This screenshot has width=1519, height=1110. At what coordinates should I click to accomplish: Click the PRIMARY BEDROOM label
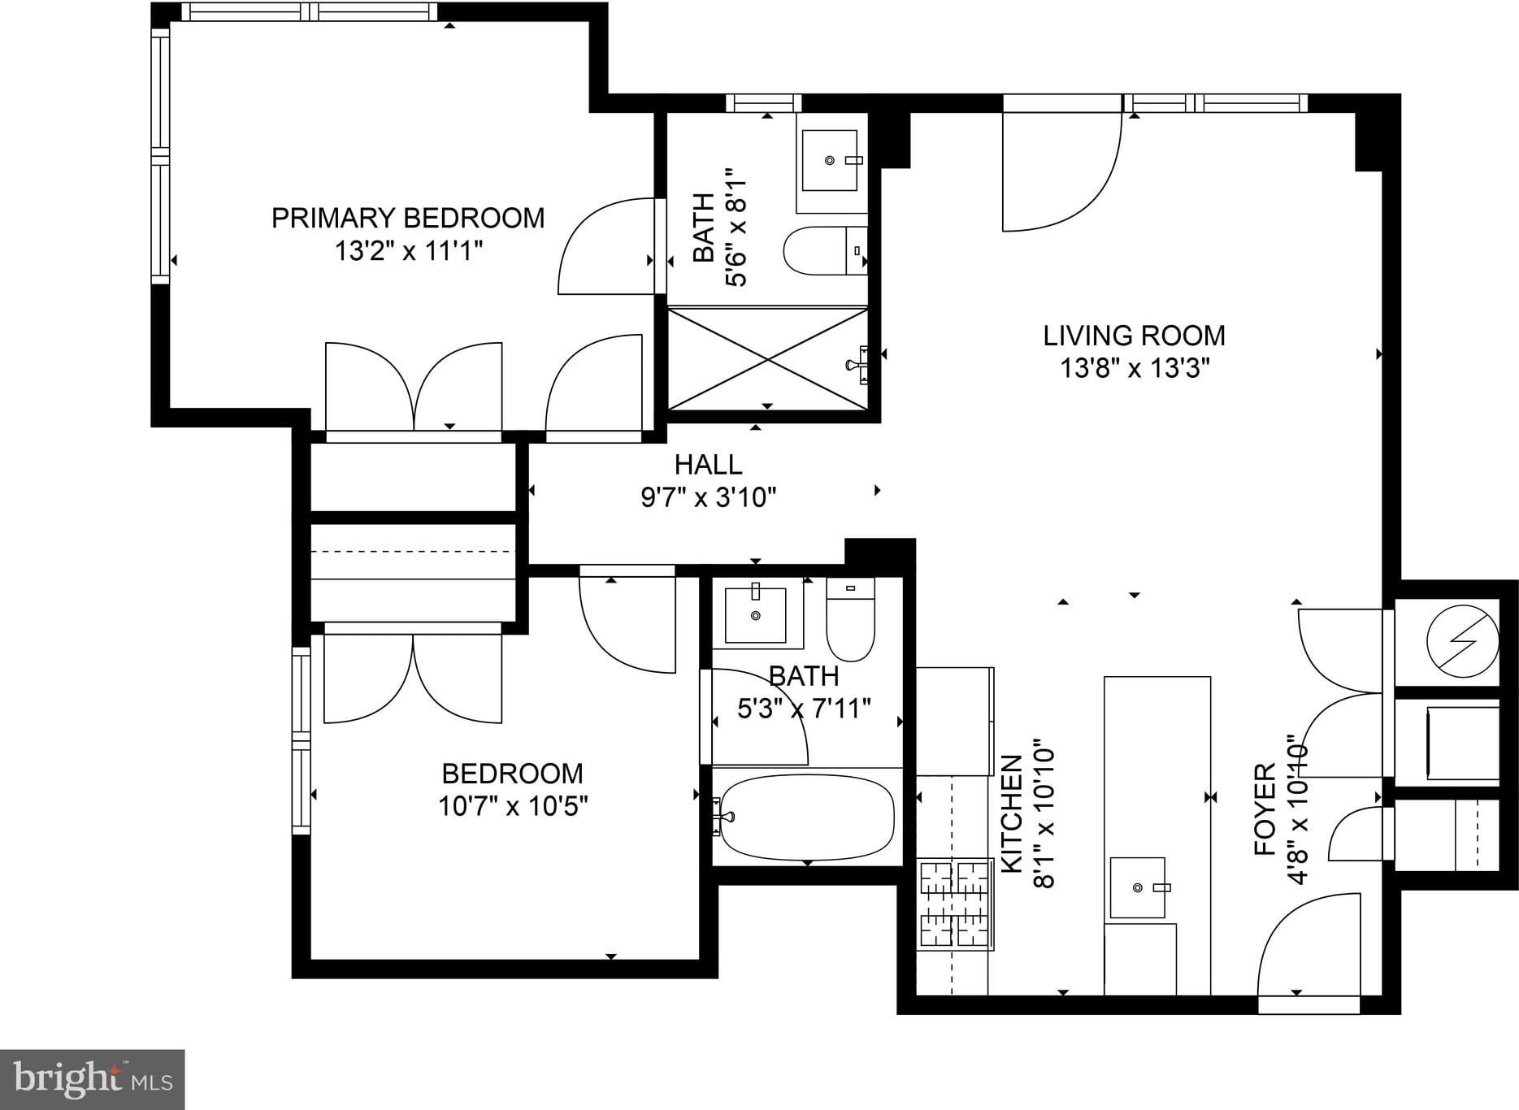407,218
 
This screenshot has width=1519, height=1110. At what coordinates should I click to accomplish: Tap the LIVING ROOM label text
1134,335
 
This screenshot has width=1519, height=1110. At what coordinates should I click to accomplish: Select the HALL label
708,464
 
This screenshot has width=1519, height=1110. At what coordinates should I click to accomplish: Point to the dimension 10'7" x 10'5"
512,806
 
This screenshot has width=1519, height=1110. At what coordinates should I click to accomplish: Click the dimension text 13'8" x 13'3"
1134,368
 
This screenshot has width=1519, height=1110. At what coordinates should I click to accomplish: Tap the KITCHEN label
1011,813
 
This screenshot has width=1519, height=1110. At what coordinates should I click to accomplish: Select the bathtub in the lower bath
807,817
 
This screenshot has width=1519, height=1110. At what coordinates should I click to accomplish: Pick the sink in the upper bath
830,160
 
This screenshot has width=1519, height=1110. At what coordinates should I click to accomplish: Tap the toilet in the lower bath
850,618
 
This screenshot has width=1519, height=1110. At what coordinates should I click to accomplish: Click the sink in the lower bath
756,614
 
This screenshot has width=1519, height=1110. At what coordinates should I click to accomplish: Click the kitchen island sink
1138,887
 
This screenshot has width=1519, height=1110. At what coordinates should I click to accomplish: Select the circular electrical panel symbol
1463,641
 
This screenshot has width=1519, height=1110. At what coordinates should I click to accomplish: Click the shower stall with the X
768,358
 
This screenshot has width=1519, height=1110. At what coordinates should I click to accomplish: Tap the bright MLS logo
93,1080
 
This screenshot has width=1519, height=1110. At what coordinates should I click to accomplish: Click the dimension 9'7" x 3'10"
708,496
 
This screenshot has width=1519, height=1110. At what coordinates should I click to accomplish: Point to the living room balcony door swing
1062,171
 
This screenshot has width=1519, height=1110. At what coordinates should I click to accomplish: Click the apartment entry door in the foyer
1309,947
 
